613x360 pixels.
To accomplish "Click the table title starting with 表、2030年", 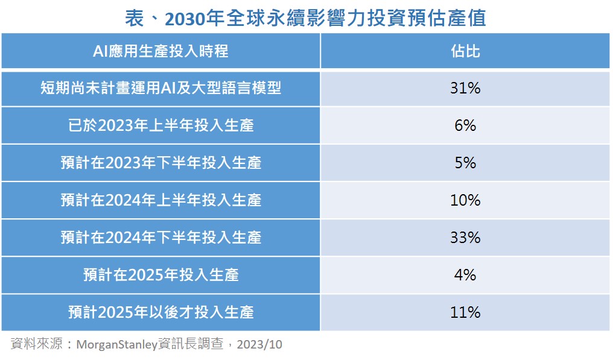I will click(x=306, y=18).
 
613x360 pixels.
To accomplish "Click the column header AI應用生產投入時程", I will click(x=160, y=51).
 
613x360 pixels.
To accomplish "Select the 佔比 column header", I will click(x=465, y=51).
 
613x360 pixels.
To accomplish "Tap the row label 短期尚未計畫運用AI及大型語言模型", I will click(x=160, y=89).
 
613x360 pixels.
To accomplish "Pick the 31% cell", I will click(x=465, y=89).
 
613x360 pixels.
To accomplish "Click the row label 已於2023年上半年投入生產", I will click(x=160, y=125).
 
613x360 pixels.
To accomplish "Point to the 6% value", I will click(x=465, y=125).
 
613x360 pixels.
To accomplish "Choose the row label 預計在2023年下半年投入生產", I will click(x=160, y=163).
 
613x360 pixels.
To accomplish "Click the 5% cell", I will click(x=465, y=163).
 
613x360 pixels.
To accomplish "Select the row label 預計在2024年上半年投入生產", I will click(x=160, y=200).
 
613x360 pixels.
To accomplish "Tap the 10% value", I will click(x=465, y=200).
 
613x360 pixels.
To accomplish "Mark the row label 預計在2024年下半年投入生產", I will click(x=160, y=238).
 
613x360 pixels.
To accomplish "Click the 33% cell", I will click(x=465, y=238).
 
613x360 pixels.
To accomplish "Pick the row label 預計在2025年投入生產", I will click(x=160, y=275).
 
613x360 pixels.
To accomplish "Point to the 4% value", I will click(x=465, y=275).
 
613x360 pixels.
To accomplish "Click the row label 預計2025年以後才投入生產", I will click(x=160, y=312).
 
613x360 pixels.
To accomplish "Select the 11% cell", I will click(x=465, y=312).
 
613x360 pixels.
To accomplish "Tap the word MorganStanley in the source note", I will click(x=116, y=345).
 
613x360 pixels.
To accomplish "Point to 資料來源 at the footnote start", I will click(x=36, y=345).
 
